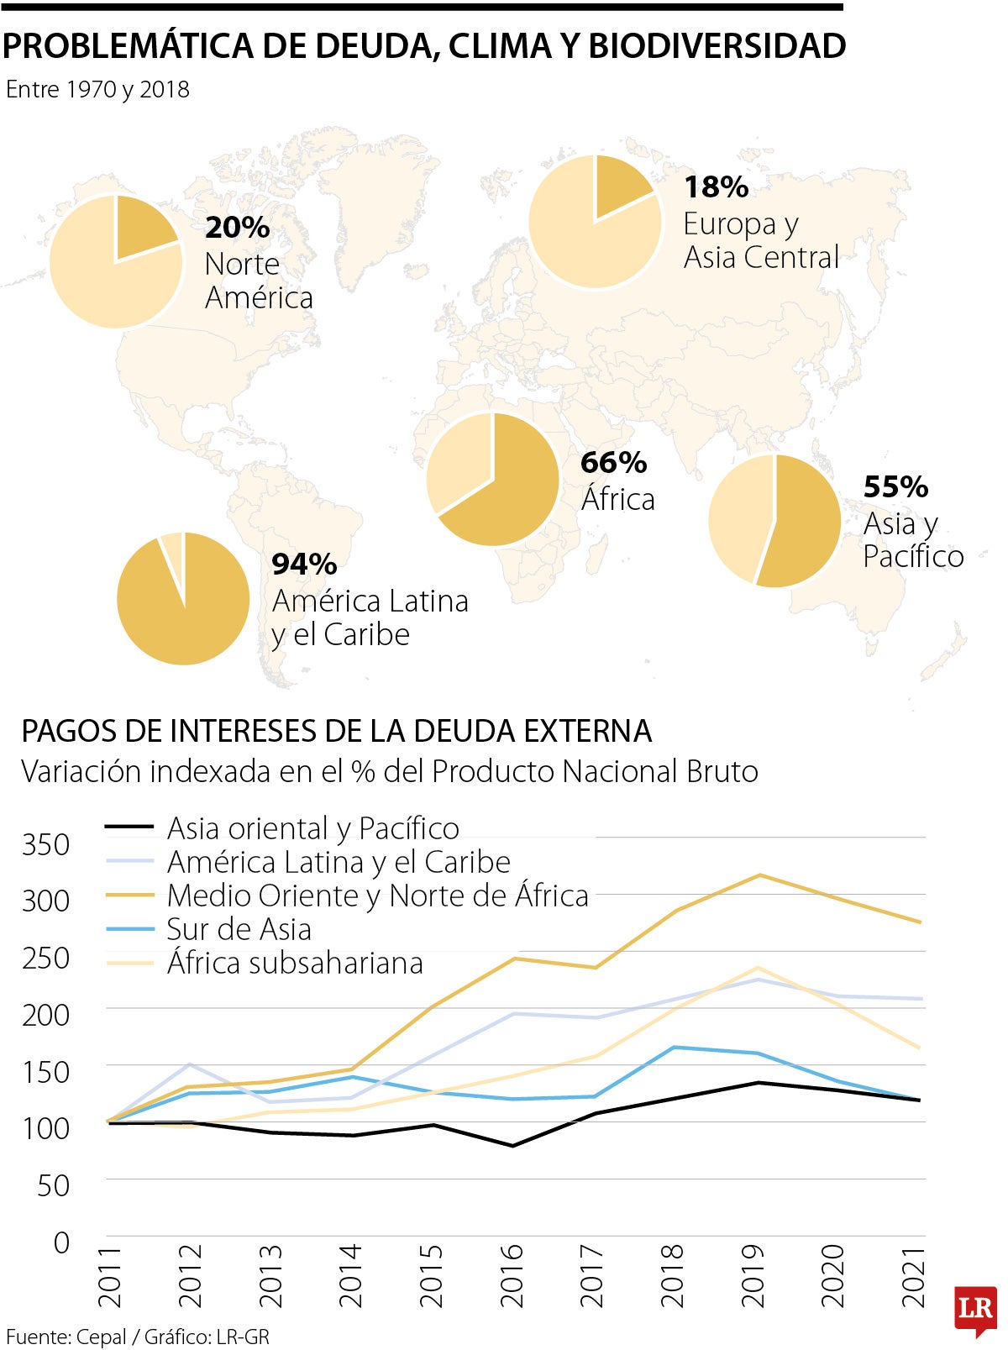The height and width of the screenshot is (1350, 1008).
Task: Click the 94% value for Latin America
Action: point(304,564)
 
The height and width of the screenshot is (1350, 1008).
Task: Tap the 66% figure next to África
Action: point(613,462)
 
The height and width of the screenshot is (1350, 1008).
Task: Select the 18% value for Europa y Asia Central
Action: point(716,186)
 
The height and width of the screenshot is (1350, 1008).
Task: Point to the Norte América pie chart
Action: point(116,262)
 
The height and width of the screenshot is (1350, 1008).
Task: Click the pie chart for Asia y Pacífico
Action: point(774,521)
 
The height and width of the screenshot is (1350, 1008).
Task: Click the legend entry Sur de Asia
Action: point(239,929)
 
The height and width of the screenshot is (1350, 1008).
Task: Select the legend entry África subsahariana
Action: point(294,963)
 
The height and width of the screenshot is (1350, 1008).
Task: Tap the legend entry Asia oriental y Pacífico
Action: point(312,828)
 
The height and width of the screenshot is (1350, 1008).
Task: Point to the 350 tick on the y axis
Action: point(46,844)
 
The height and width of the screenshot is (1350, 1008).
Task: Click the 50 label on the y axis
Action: point(52,1185)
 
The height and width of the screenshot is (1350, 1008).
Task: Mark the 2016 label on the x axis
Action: point(512,1276)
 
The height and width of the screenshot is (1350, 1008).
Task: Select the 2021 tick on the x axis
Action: point(913,1276)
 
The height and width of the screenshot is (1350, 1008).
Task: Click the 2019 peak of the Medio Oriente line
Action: point(759,875)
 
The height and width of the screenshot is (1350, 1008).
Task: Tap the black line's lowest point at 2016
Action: point(512,1145)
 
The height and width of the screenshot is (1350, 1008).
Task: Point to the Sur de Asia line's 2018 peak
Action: point(674,1047)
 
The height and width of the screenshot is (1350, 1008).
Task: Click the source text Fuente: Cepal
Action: point(66,1337)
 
